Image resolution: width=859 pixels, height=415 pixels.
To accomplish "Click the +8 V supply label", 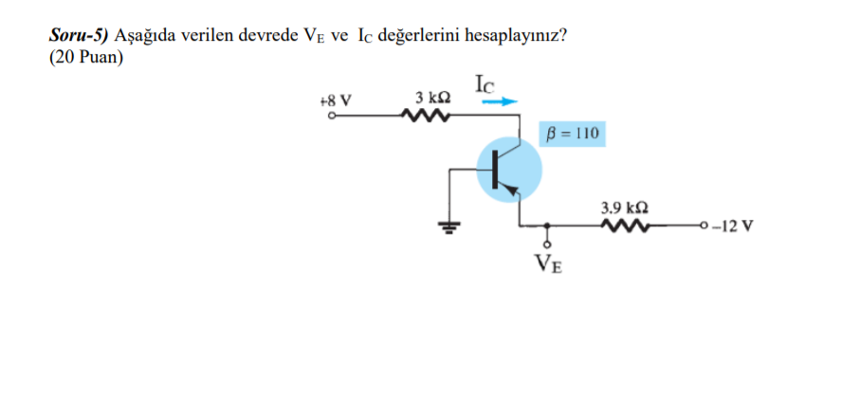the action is click(x=336, y=99).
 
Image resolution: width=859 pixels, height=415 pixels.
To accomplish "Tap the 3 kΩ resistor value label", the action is click(x=432, y=98).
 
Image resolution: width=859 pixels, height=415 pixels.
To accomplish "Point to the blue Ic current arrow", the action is click(x=503, y=101).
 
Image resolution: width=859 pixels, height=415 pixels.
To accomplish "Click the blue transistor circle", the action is click(x=509, y=169).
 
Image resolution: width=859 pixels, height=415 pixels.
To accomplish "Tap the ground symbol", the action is click(x=450, y=226).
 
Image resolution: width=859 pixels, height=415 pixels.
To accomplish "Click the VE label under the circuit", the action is click(x=548, y=262).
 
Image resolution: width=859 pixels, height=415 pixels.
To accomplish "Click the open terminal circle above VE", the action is click(x=548, y=245).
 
